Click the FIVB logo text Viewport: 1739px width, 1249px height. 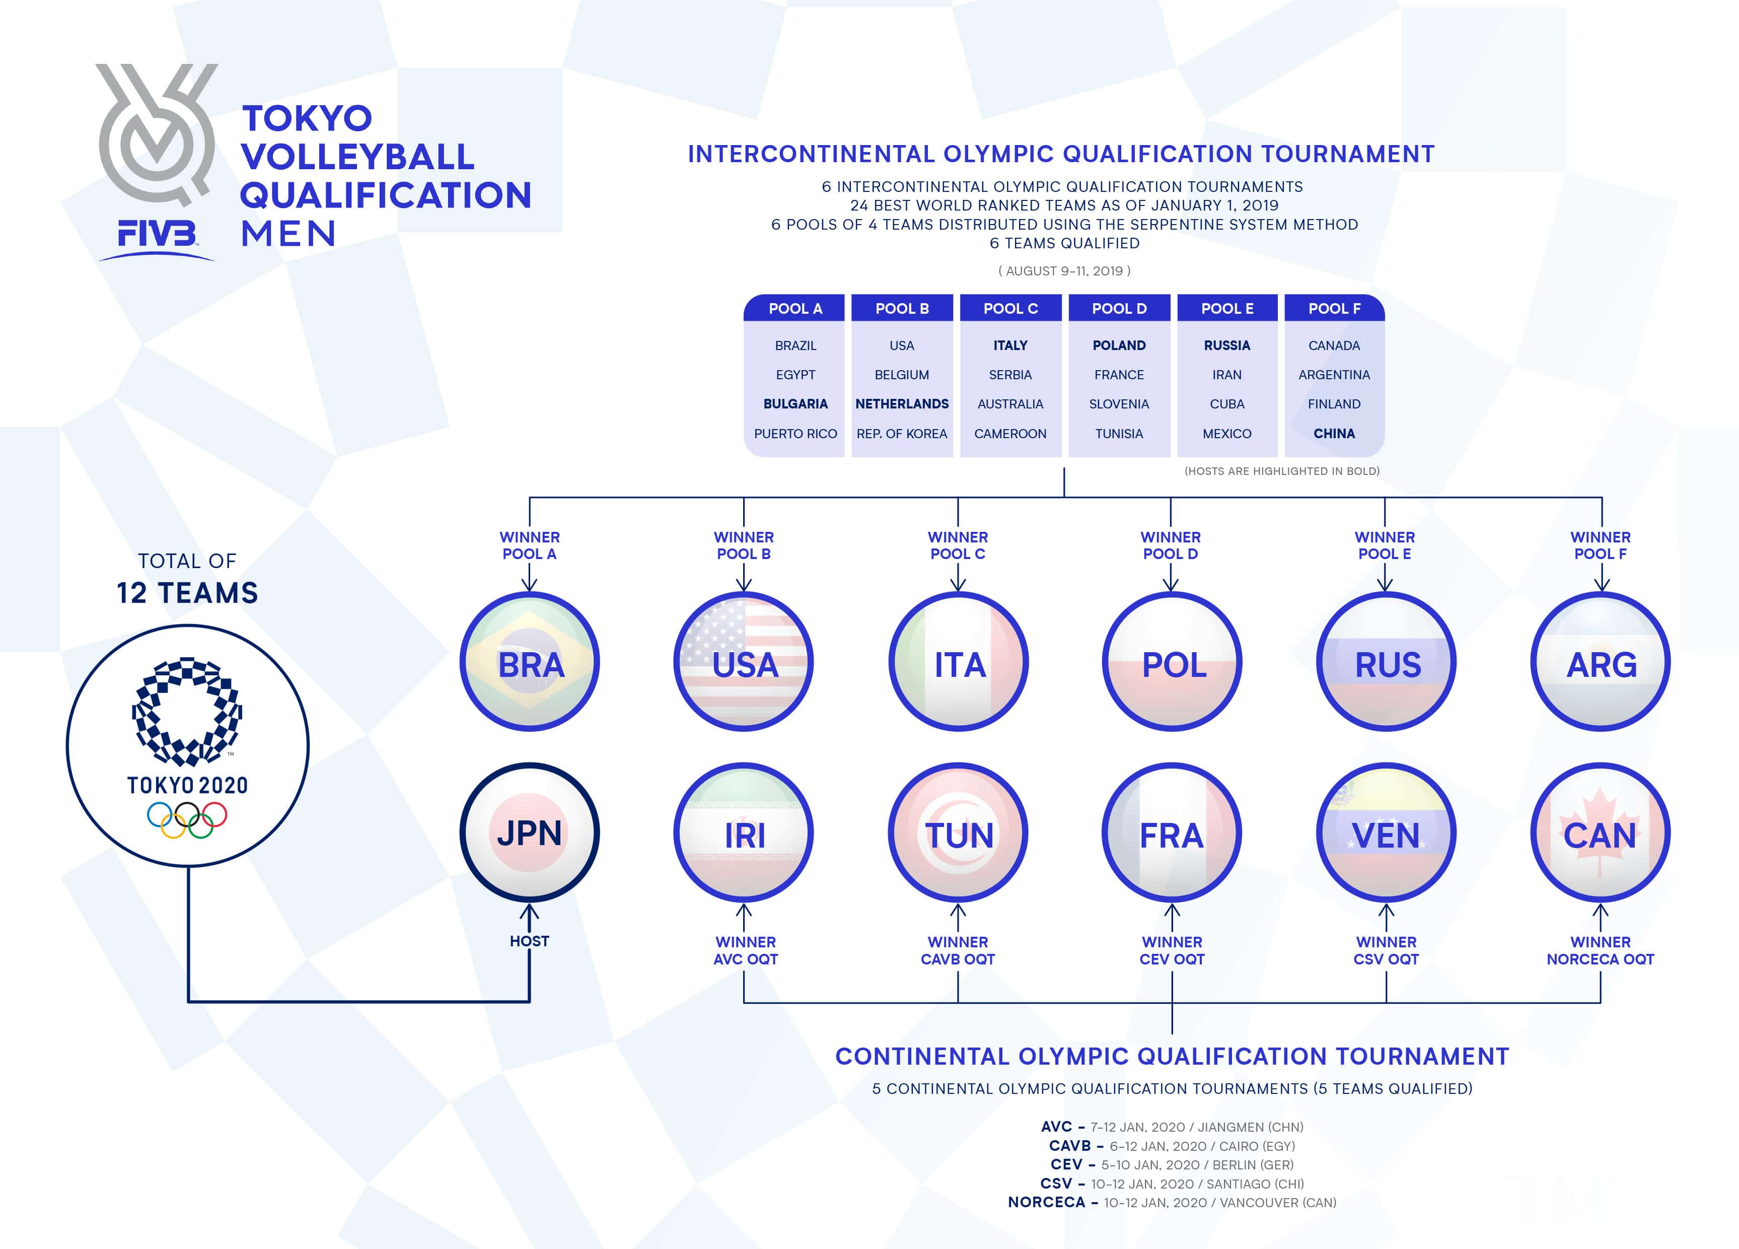(x=157, y=234)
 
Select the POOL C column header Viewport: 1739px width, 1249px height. (x=1010, y=308)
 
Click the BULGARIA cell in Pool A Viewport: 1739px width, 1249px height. (x=795, y=403)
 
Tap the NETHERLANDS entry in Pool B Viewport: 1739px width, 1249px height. (x=902, y=403)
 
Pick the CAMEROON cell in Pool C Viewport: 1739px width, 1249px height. (x=1010, y=434)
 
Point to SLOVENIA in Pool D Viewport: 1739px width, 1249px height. (x=1119, y=403)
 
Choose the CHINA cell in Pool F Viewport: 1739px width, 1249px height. (x=1334, y=434)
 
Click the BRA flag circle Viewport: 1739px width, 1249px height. (x=530, y=662)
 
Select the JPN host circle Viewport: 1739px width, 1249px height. (x=530, y=832)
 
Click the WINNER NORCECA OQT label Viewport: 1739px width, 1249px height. (x=1600, y=950)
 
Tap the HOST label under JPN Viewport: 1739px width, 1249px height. (x=529, y=941)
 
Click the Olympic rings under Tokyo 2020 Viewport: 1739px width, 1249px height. (x=187, y=819)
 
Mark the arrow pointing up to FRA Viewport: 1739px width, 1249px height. (x=1172, y=917)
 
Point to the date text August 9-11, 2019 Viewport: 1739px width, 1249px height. (x=1064, y=271)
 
